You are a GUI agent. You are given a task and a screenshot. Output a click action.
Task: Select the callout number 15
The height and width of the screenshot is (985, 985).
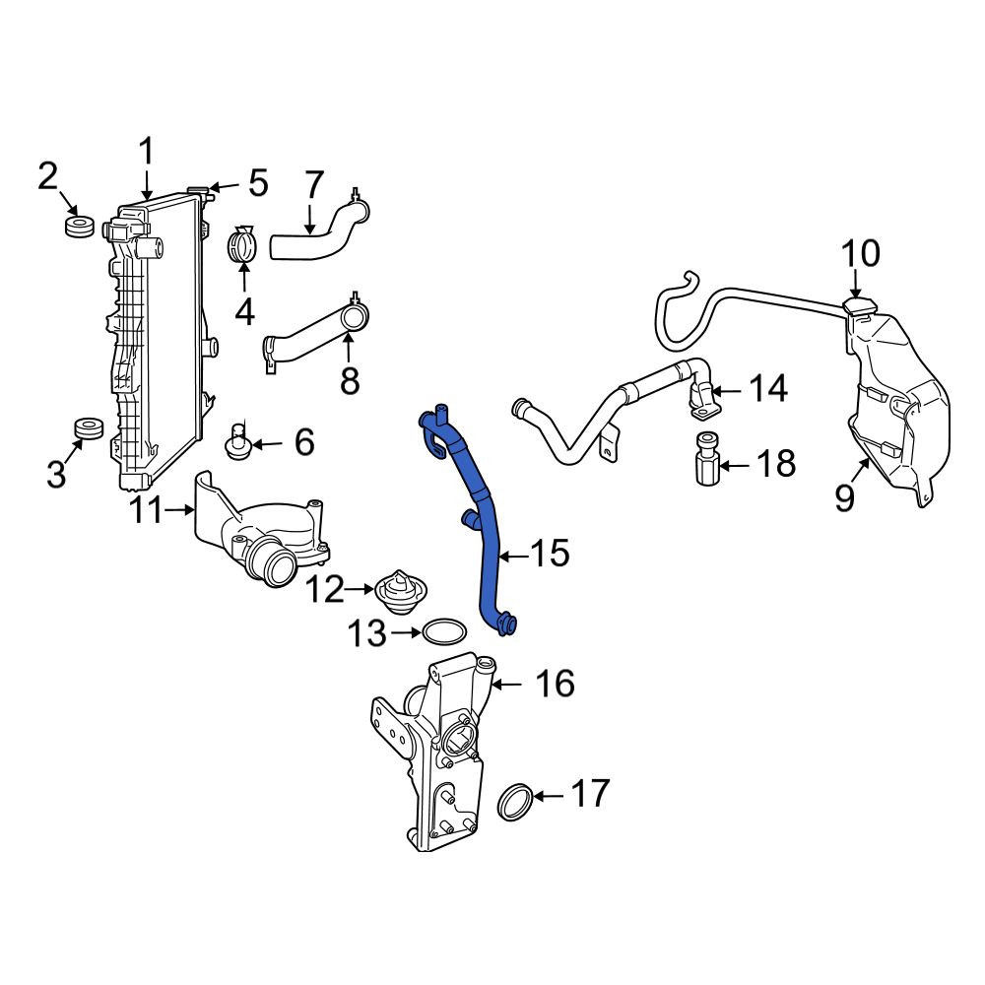click(550, 554)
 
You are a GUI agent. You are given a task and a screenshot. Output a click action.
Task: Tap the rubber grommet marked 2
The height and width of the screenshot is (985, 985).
click(80, 227)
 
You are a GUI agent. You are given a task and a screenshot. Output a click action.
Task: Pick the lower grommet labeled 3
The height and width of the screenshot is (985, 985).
click(89, 429)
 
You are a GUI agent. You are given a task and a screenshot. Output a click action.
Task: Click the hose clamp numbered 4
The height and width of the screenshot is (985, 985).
click(242, 245)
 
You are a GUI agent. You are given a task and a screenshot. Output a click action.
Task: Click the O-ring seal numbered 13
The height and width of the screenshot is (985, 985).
click(444, 630)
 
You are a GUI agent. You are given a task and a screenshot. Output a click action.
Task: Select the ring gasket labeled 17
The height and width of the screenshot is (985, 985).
click(515, 803)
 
